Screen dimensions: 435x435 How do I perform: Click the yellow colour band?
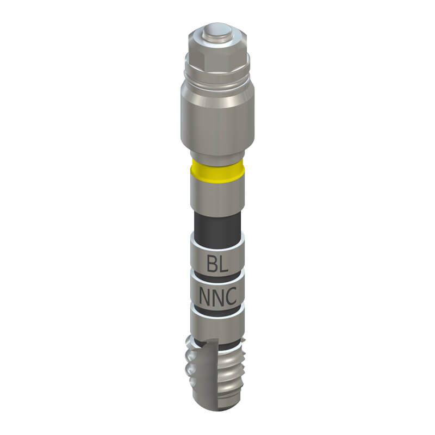tap(217, 171)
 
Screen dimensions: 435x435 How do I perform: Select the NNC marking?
tap(218, 296)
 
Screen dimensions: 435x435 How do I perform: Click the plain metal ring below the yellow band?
tap(217, 196)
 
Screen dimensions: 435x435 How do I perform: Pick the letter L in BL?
tap(224, 264)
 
